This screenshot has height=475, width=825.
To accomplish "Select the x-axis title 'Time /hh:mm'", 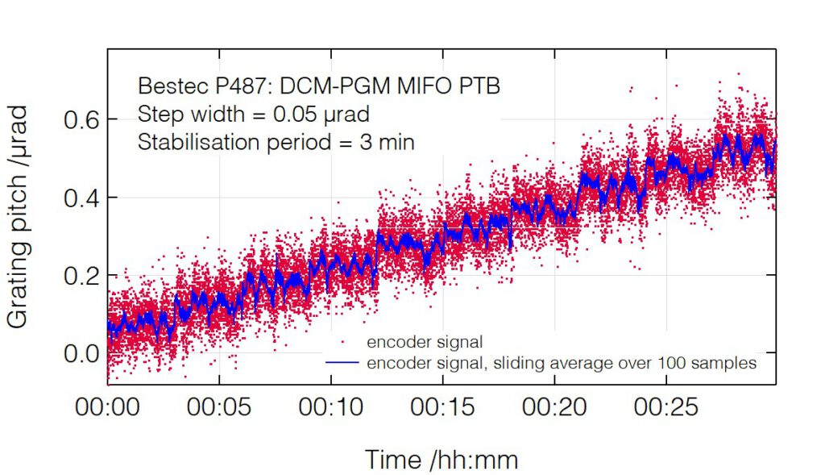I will tap(442, 460).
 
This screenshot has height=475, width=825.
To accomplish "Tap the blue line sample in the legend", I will tap(342, 363).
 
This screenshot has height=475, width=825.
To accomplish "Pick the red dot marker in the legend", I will tap(342, 344).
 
